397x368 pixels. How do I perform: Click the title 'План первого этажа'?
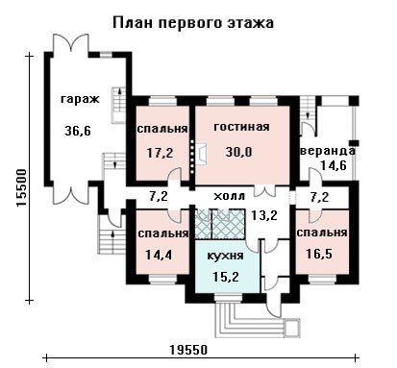tap(193, 24)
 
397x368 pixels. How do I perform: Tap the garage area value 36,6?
tap(78, 131)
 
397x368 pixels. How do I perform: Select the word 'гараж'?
tap(80, 100)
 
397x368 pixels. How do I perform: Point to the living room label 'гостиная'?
tap(241, 127)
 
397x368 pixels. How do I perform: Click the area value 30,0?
tap(238, 152)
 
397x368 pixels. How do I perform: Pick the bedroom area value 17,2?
tap(160, 153)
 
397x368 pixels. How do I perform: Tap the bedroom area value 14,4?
tap(159, 255)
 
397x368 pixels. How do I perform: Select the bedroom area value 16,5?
tap(319, 254)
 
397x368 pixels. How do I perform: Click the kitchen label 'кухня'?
tap(226, 256)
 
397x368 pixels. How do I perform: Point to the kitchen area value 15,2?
tap(226, 276)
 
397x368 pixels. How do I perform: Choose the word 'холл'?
tap(229, 196)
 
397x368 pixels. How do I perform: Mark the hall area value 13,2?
tap(263, 215)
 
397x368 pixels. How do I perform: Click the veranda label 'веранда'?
tap(328, 151)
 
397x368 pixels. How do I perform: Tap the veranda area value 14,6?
tap(334, 165)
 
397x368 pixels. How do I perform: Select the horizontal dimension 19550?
tap(188, 350)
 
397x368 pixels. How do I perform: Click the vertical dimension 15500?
tap(21, 188)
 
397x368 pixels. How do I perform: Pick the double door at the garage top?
tap(70, 43)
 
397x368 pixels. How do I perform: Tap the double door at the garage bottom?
tap(70, 195)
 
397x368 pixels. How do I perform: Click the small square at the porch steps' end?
tap(292, 328)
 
